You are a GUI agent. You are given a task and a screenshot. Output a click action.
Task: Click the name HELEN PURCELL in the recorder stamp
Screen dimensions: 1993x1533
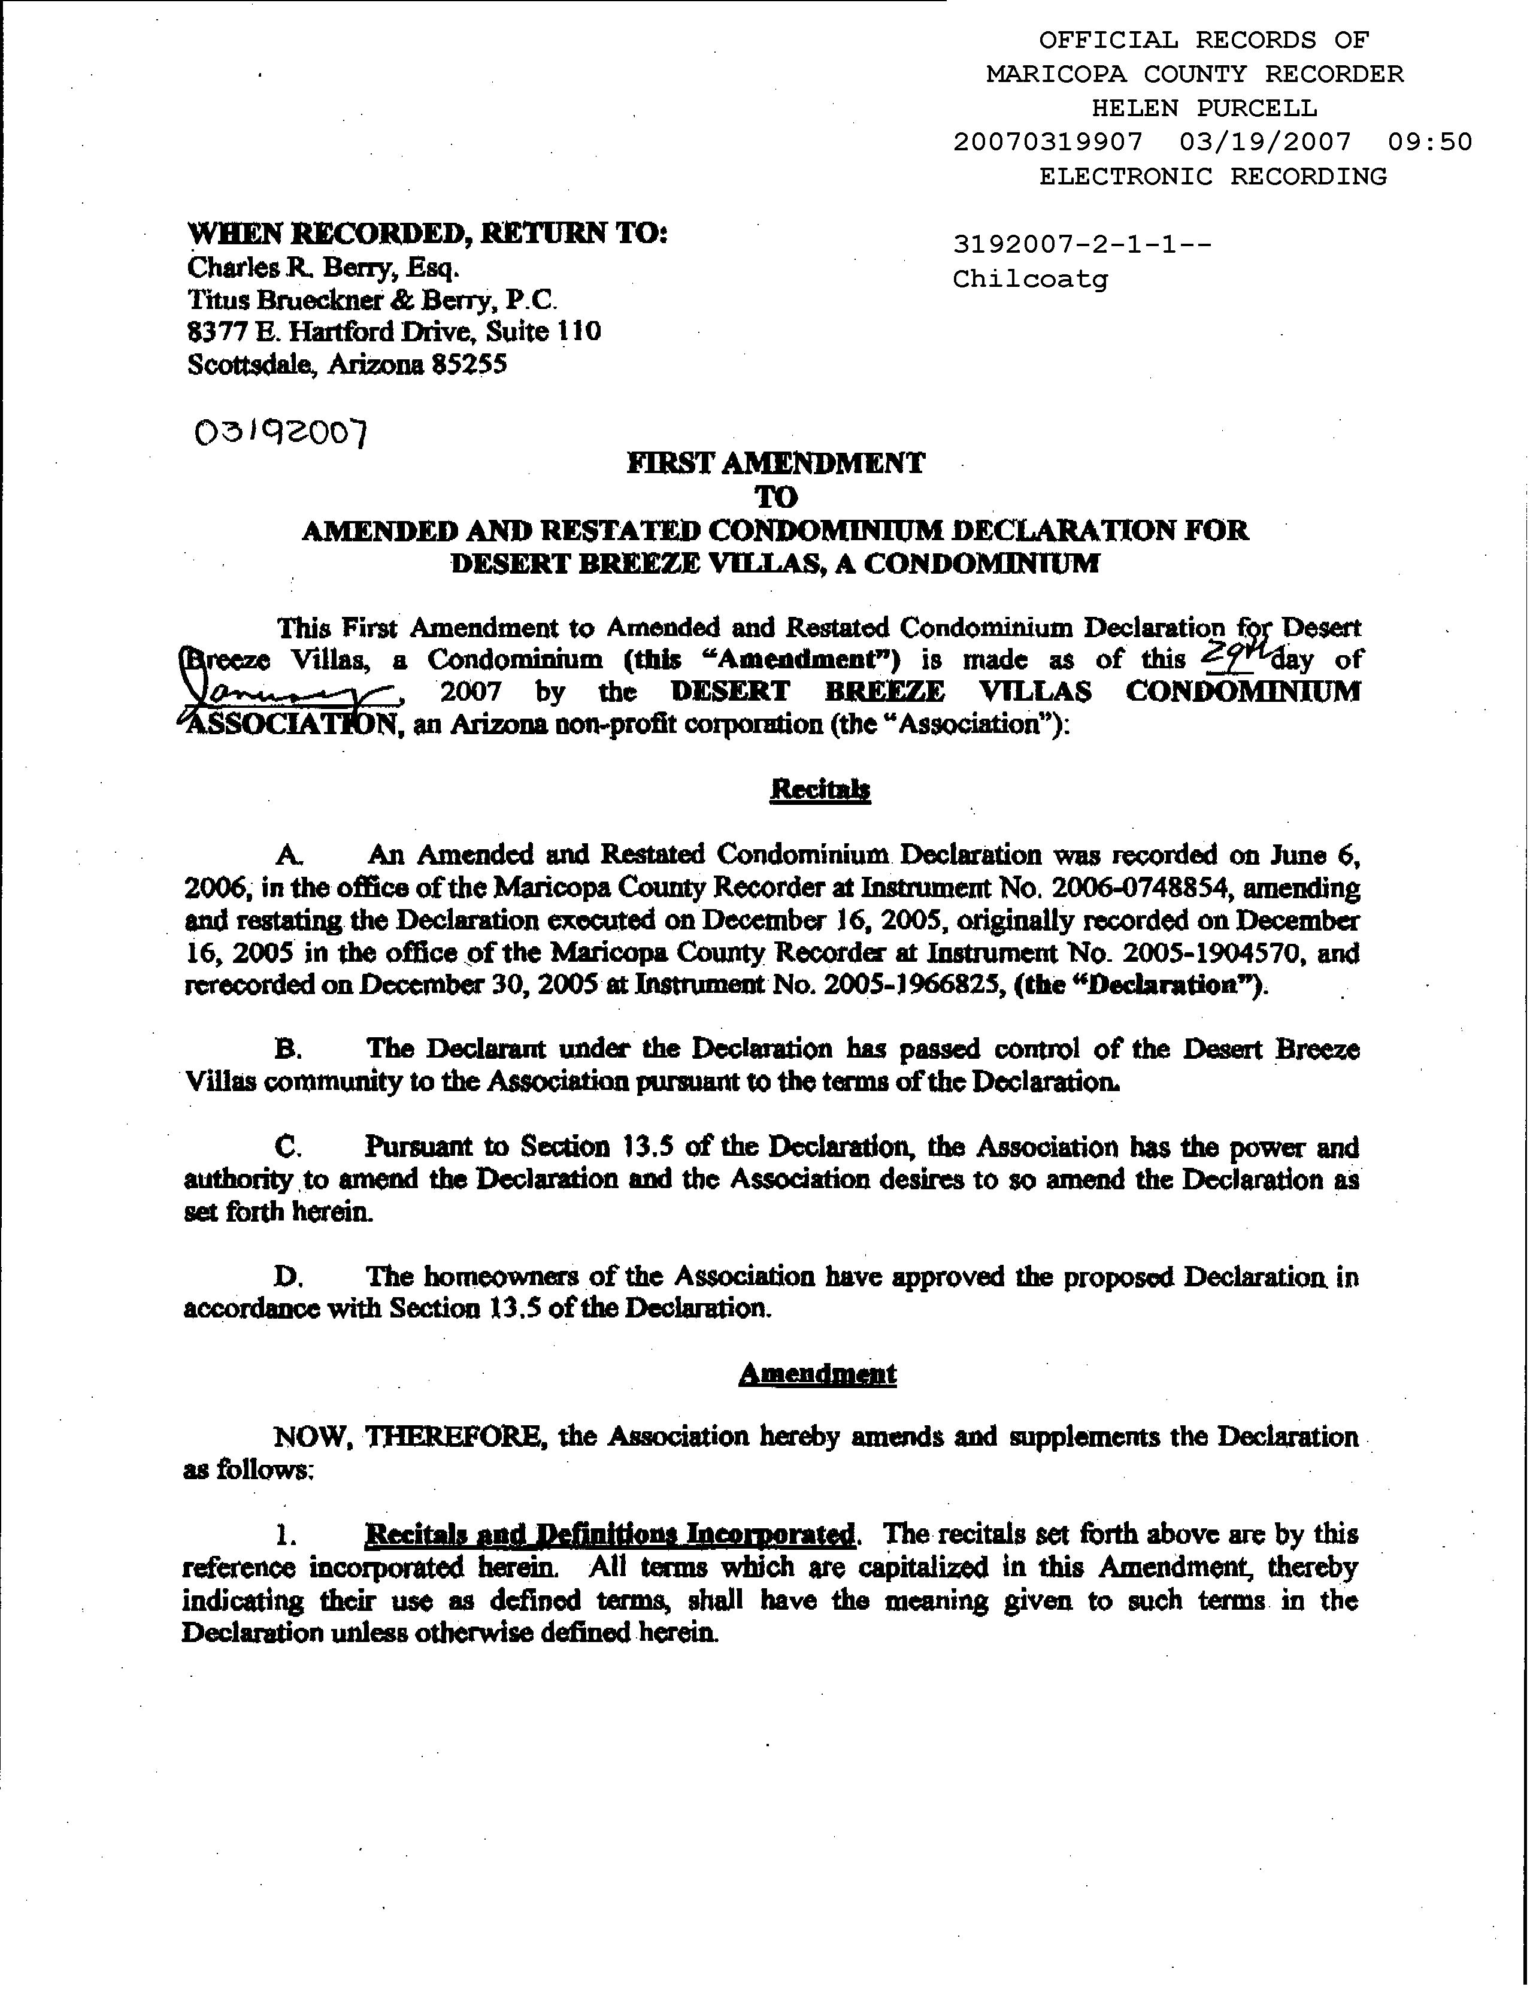(x=1204, y=108)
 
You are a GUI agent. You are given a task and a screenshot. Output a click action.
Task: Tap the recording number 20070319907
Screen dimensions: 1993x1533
(x=1047, y=141)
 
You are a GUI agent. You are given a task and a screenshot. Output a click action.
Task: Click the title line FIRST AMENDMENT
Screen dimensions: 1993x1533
(x=775, y=464)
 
